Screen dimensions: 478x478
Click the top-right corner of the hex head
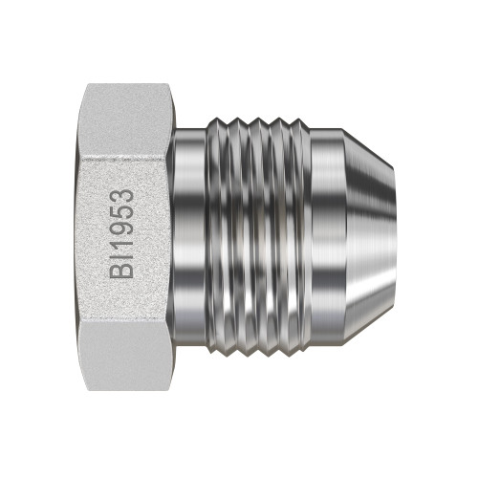(169, 85)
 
